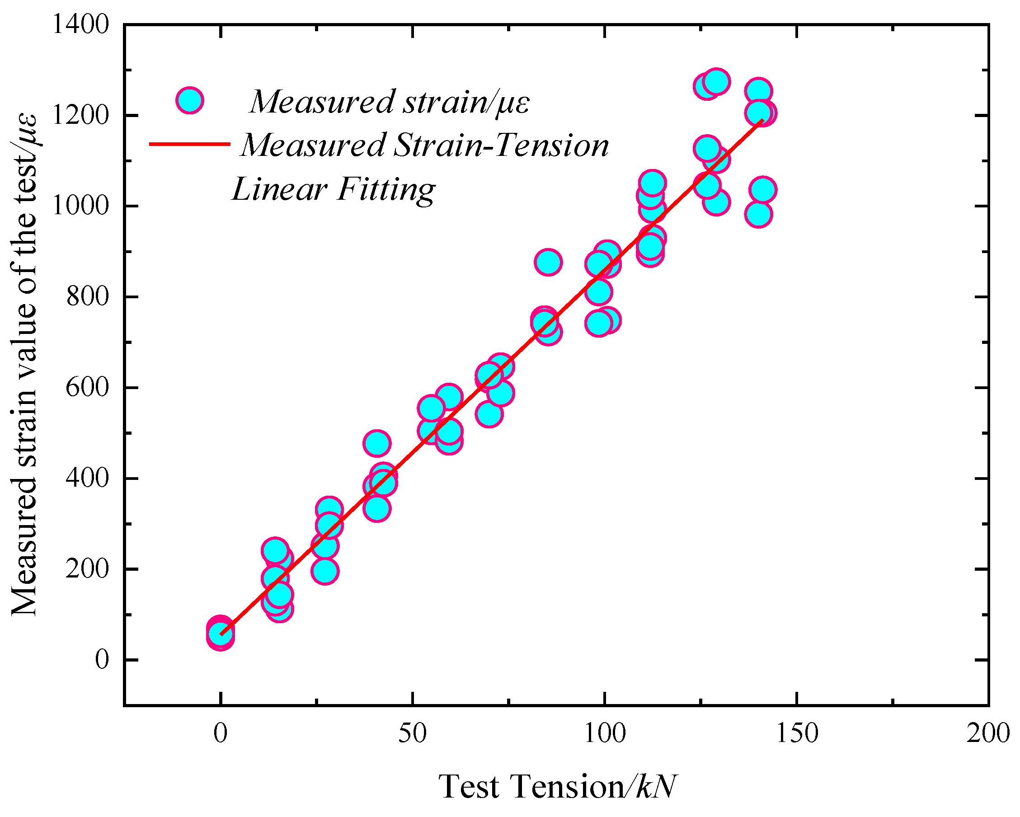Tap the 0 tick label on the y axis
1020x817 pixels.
pos(102,659)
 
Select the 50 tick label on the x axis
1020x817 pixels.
pos(413,734)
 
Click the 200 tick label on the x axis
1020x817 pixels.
pos(988,734)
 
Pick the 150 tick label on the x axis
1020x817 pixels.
pos(797,734)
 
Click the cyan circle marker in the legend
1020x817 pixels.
pos(190,100)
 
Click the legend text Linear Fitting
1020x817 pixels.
pos(334,189)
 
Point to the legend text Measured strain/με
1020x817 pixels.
pos(390,102)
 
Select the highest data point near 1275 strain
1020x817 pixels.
pos(717,82)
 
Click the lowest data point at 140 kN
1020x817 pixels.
pos(759,214)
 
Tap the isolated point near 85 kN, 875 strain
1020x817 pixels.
pos(548,262)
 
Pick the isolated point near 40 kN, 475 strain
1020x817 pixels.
pos(377,443)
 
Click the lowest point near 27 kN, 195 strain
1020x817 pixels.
pos(324,572)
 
